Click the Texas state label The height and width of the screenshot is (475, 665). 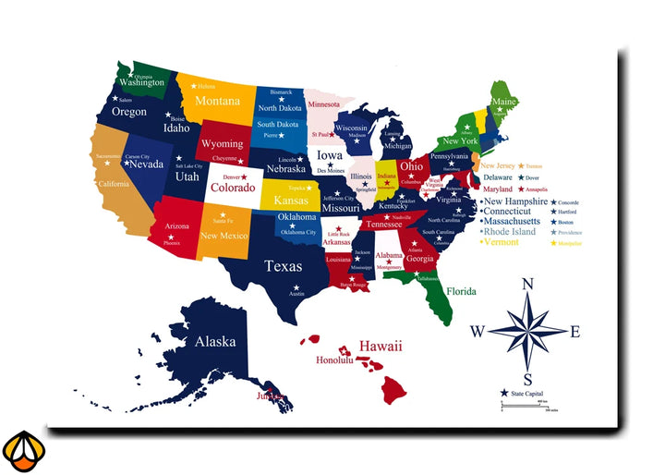283,266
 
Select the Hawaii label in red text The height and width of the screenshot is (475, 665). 381,346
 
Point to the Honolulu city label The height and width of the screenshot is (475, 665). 334,360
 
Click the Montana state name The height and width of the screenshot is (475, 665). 217,102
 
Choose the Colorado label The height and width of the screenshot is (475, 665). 232,188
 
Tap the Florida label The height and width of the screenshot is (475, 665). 462,291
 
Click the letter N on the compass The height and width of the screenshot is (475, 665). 528,285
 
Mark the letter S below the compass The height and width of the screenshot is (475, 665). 527,379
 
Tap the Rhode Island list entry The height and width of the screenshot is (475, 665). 510,232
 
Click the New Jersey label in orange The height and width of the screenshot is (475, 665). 499,165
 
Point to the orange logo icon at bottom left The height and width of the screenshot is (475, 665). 22,451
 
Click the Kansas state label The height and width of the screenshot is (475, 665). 291,201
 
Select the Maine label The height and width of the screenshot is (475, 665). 503,102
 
